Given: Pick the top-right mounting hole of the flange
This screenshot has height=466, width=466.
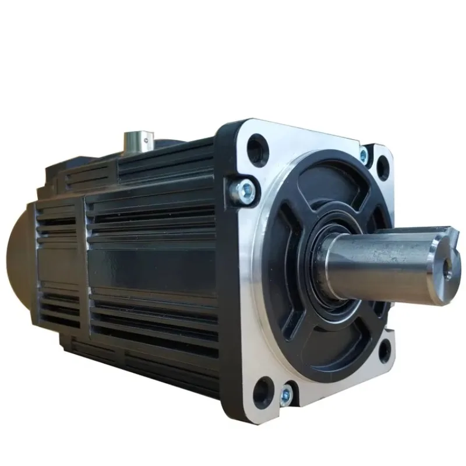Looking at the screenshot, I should [382, 165].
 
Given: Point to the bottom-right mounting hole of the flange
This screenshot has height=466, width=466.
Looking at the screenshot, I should [384, 350].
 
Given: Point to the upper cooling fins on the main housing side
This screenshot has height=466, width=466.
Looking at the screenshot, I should [157, 216].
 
